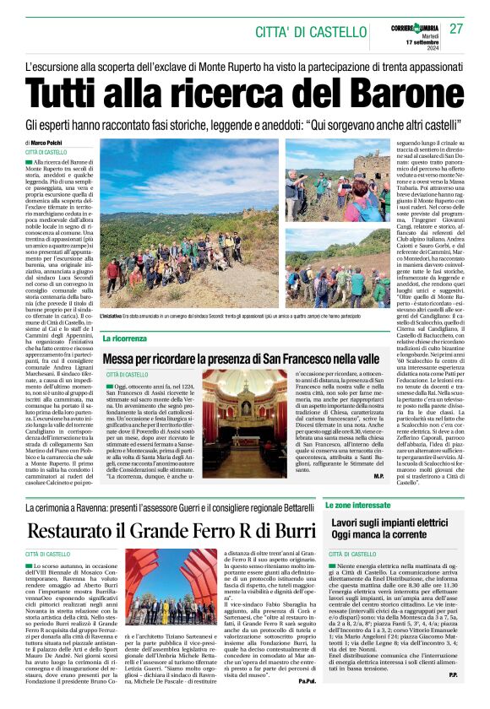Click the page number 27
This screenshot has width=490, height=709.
[457, 29]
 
